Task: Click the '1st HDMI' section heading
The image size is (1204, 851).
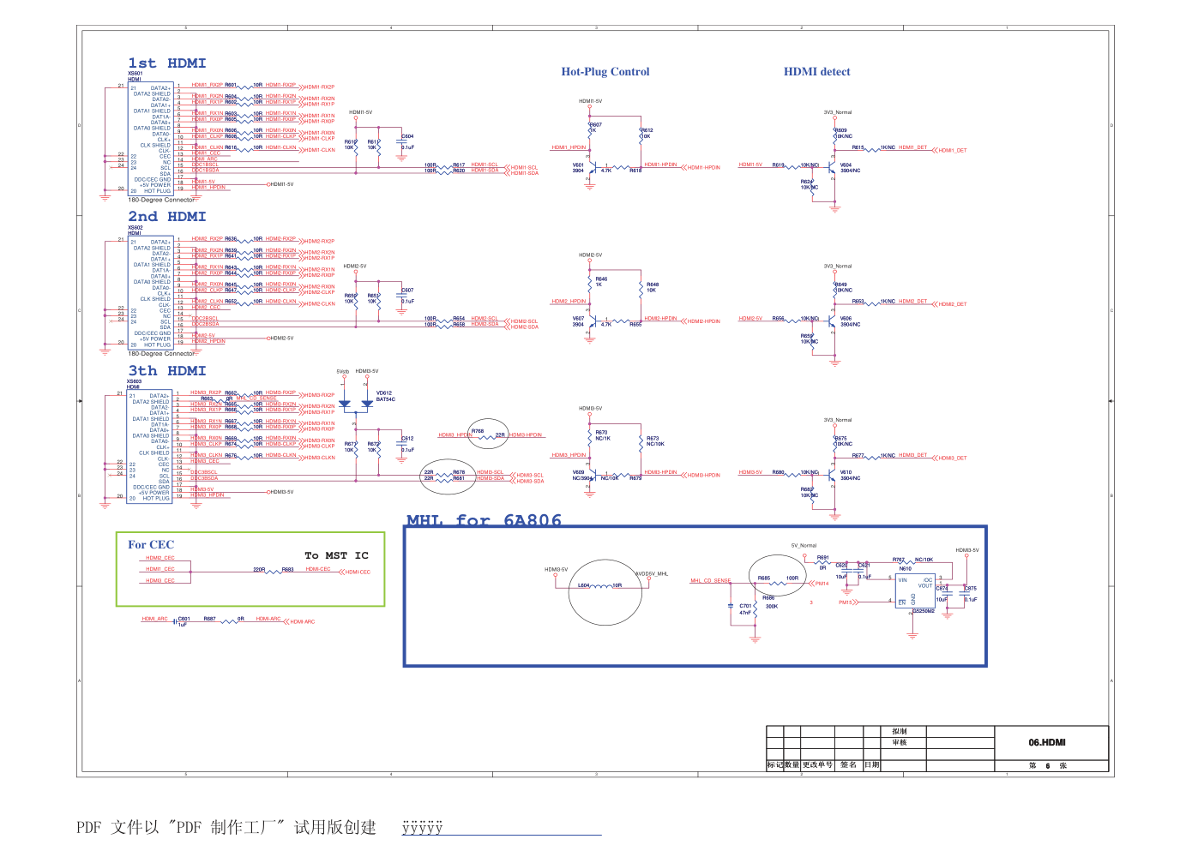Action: [x=167, y=63]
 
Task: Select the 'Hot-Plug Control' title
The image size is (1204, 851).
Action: [x=605, y=72]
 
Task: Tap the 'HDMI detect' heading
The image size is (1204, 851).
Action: [x=816, y=72]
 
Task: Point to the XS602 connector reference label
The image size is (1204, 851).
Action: [x=135, y=227]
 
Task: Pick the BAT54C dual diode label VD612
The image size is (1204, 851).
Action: [x=384, y=393]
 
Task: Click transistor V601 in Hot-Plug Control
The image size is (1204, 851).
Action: [x=590, y=168]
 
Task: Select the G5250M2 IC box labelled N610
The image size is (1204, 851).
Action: [x=914, y=591]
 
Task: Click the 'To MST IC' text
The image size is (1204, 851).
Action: [x=336, y=555]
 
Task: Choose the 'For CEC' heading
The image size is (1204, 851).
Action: [x=151, y=544]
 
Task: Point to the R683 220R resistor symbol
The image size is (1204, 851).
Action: [x=274, y=570]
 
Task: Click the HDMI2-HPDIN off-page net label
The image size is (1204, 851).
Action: [x=703, y=321]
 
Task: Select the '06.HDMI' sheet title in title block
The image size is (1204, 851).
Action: [x=1046, y=742]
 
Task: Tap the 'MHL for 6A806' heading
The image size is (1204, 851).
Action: [x=484, y=520]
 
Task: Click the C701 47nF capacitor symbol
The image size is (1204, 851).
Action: [x=730, y=606]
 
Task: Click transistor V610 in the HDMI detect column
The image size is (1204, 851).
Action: [x=831, y=475]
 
